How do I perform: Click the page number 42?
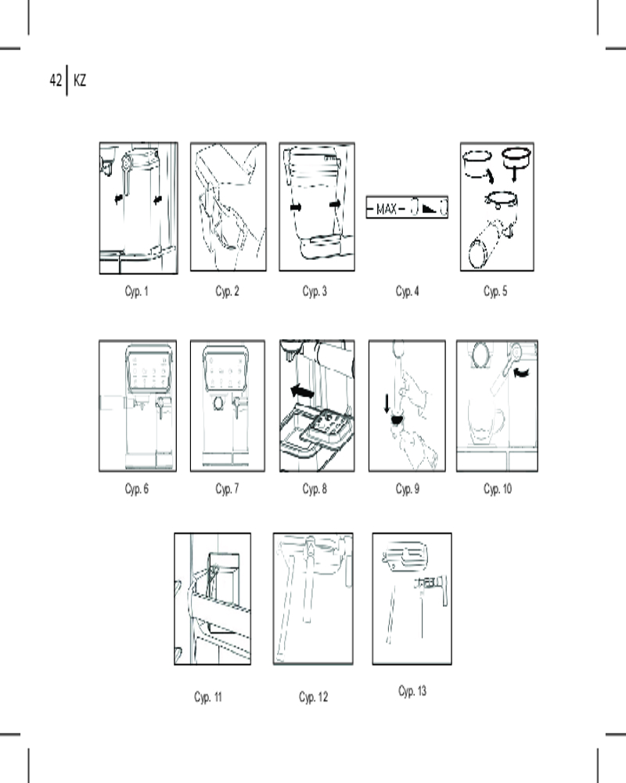click(56, 80)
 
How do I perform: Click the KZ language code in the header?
click(79, 80)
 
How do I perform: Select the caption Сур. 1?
click(136, 292)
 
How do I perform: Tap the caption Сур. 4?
click(407, 292)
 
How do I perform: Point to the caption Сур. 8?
click(315, 489)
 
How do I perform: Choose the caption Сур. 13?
click(412, 691)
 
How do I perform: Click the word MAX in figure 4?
click(387, 209)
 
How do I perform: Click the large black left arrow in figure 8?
click(302, 389)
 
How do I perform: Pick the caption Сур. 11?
click(209, 697)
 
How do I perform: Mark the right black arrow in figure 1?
click(159, 200)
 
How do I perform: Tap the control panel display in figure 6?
click(149, 370)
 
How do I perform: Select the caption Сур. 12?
click(313, 697)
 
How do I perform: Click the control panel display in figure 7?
click(227, 370)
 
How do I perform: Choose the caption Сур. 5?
click(496, 292)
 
